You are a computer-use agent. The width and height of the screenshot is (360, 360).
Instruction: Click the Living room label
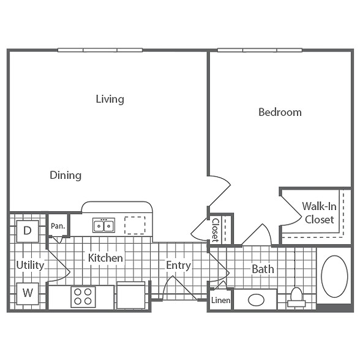point(110,99)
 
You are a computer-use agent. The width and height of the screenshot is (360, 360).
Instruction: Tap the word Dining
point(66,175)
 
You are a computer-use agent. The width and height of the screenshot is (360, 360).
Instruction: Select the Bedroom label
point(280,112)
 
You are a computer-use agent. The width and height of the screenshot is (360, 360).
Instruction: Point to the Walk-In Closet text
point(320,213)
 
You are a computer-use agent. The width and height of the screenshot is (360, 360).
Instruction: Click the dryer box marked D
point(28,231)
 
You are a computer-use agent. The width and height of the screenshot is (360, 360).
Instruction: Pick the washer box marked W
point(28,293)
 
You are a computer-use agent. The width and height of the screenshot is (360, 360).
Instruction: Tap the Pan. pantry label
point(58,226)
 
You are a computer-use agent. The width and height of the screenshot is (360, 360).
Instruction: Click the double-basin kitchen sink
point(104,225)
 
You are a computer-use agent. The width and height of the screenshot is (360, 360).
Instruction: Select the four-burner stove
point(83,296)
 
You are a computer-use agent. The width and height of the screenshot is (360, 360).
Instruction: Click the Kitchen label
point(105,258)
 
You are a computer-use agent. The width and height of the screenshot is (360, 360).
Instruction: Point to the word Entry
point(178,266)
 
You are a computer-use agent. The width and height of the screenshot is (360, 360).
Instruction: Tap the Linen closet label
point(220,300)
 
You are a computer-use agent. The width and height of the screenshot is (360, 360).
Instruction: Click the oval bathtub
point(334,277)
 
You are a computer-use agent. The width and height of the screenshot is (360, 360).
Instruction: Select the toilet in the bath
point(296,297)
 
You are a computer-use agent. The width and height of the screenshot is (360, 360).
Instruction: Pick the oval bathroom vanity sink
point(256,300)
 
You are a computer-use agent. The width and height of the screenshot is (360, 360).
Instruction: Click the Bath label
point(263,269)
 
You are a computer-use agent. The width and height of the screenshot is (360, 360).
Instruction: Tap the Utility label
point(30,266)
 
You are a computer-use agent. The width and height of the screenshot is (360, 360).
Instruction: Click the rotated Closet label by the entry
point(216,230)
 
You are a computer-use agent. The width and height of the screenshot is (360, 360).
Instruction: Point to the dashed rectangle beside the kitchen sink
point(135,225)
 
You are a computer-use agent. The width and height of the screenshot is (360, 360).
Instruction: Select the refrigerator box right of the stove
point(131,296)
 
